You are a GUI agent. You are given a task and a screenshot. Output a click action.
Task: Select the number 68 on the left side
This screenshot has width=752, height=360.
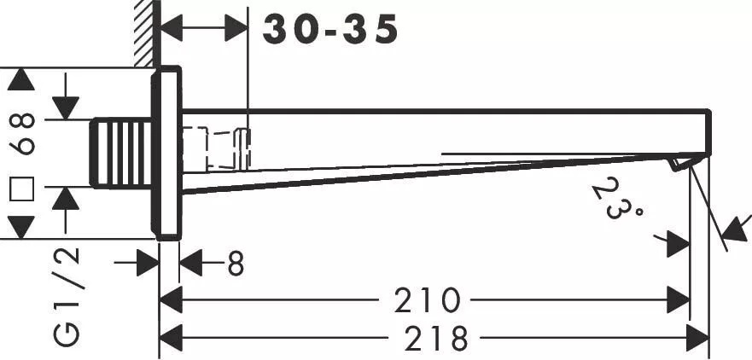(23, 134)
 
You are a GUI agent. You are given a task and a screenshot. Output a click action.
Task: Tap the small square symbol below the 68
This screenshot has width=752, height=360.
(22, 189)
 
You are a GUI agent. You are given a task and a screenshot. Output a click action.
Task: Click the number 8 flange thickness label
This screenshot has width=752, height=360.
(236, 264)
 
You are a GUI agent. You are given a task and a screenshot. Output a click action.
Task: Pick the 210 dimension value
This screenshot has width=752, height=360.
(427, 300)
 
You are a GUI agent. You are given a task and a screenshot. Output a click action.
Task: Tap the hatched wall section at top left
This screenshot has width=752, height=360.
(144, 32)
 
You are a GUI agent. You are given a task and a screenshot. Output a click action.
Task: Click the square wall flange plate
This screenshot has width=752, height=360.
(167, 154)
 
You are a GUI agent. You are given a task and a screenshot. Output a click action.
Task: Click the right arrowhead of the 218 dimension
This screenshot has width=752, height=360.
(698, 339)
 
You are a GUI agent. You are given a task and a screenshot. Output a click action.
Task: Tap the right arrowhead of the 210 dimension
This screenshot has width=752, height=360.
(679, 300)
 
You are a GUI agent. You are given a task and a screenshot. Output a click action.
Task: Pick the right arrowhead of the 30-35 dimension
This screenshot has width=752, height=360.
(236, 29)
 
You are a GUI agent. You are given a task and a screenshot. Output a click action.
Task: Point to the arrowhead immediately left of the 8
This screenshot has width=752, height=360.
(190, 264)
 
